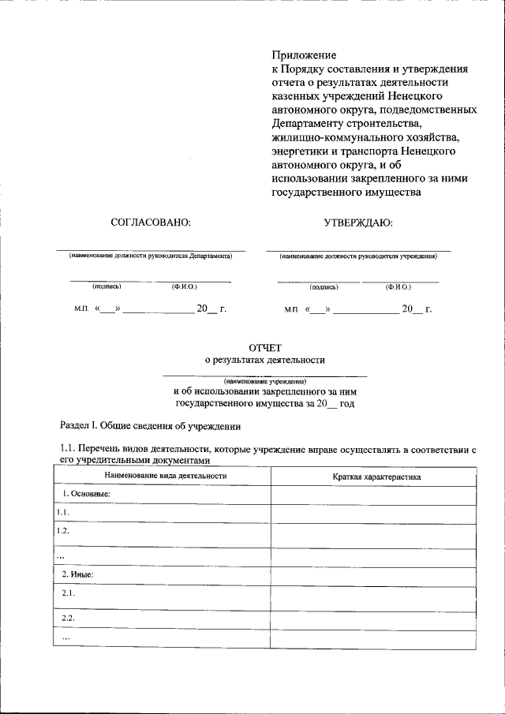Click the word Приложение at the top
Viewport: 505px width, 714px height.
pyautogui.click(x=304, y=55)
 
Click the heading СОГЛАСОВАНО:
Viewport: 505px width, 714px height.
pyautogui.click(x=151, y=222)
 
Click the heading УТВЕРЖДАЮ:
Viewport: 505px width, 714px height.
pyautogui.click(x=358, y=222)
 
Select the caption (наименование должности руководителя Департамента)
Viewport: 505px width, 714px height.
pyautogui.click(x=150, y=256)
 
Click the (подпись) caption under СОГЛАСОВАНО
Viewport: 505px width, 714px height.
pyautogui.click(x=107, y=286)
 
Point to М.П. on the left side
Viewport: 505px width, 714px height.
pyautogui.click(x=81, y=309)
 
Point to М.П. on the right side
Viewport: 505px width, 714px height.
pyautogui.click(x=292, y=310)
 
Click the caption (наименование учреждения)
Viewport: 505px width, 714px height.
pyautogui.click(x=264, y=381)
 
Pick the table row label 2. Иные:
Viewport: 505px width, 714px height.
pyautogui.click(x=77, y=574)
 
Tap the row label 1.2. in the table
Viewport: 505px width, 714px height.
pyautogui.click(x=63, y=531)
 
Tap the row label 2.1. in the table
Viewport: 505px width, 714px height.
pyautogui.click(x=69, y=593)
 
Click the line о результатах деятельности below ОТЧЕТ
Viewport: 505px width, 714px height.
pyautogui.click(x=264, y=360)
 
